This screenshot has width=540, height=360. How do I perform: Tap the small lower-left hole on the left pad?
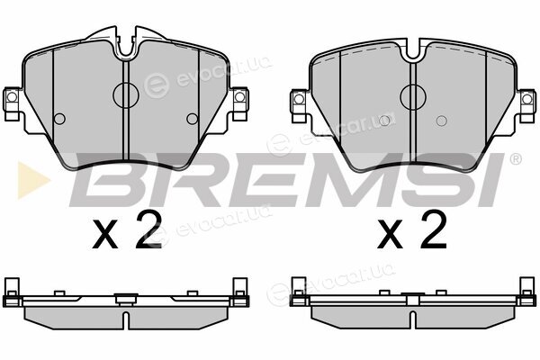[x=59, y=119]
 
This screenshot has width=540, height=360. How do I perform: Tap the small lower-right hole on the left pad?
[x=193, y=119]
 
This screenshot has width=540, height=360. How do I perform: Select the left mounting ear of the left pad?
[x=12, y=103]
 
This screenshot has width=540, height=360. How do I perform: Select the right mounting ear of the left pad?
[x=239, y=103]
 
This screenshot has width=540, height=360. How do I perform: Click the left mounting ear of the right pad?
[x=300, y=105]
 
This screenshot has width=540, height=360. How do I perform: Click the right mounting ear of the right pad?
[x=526, y=105]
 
